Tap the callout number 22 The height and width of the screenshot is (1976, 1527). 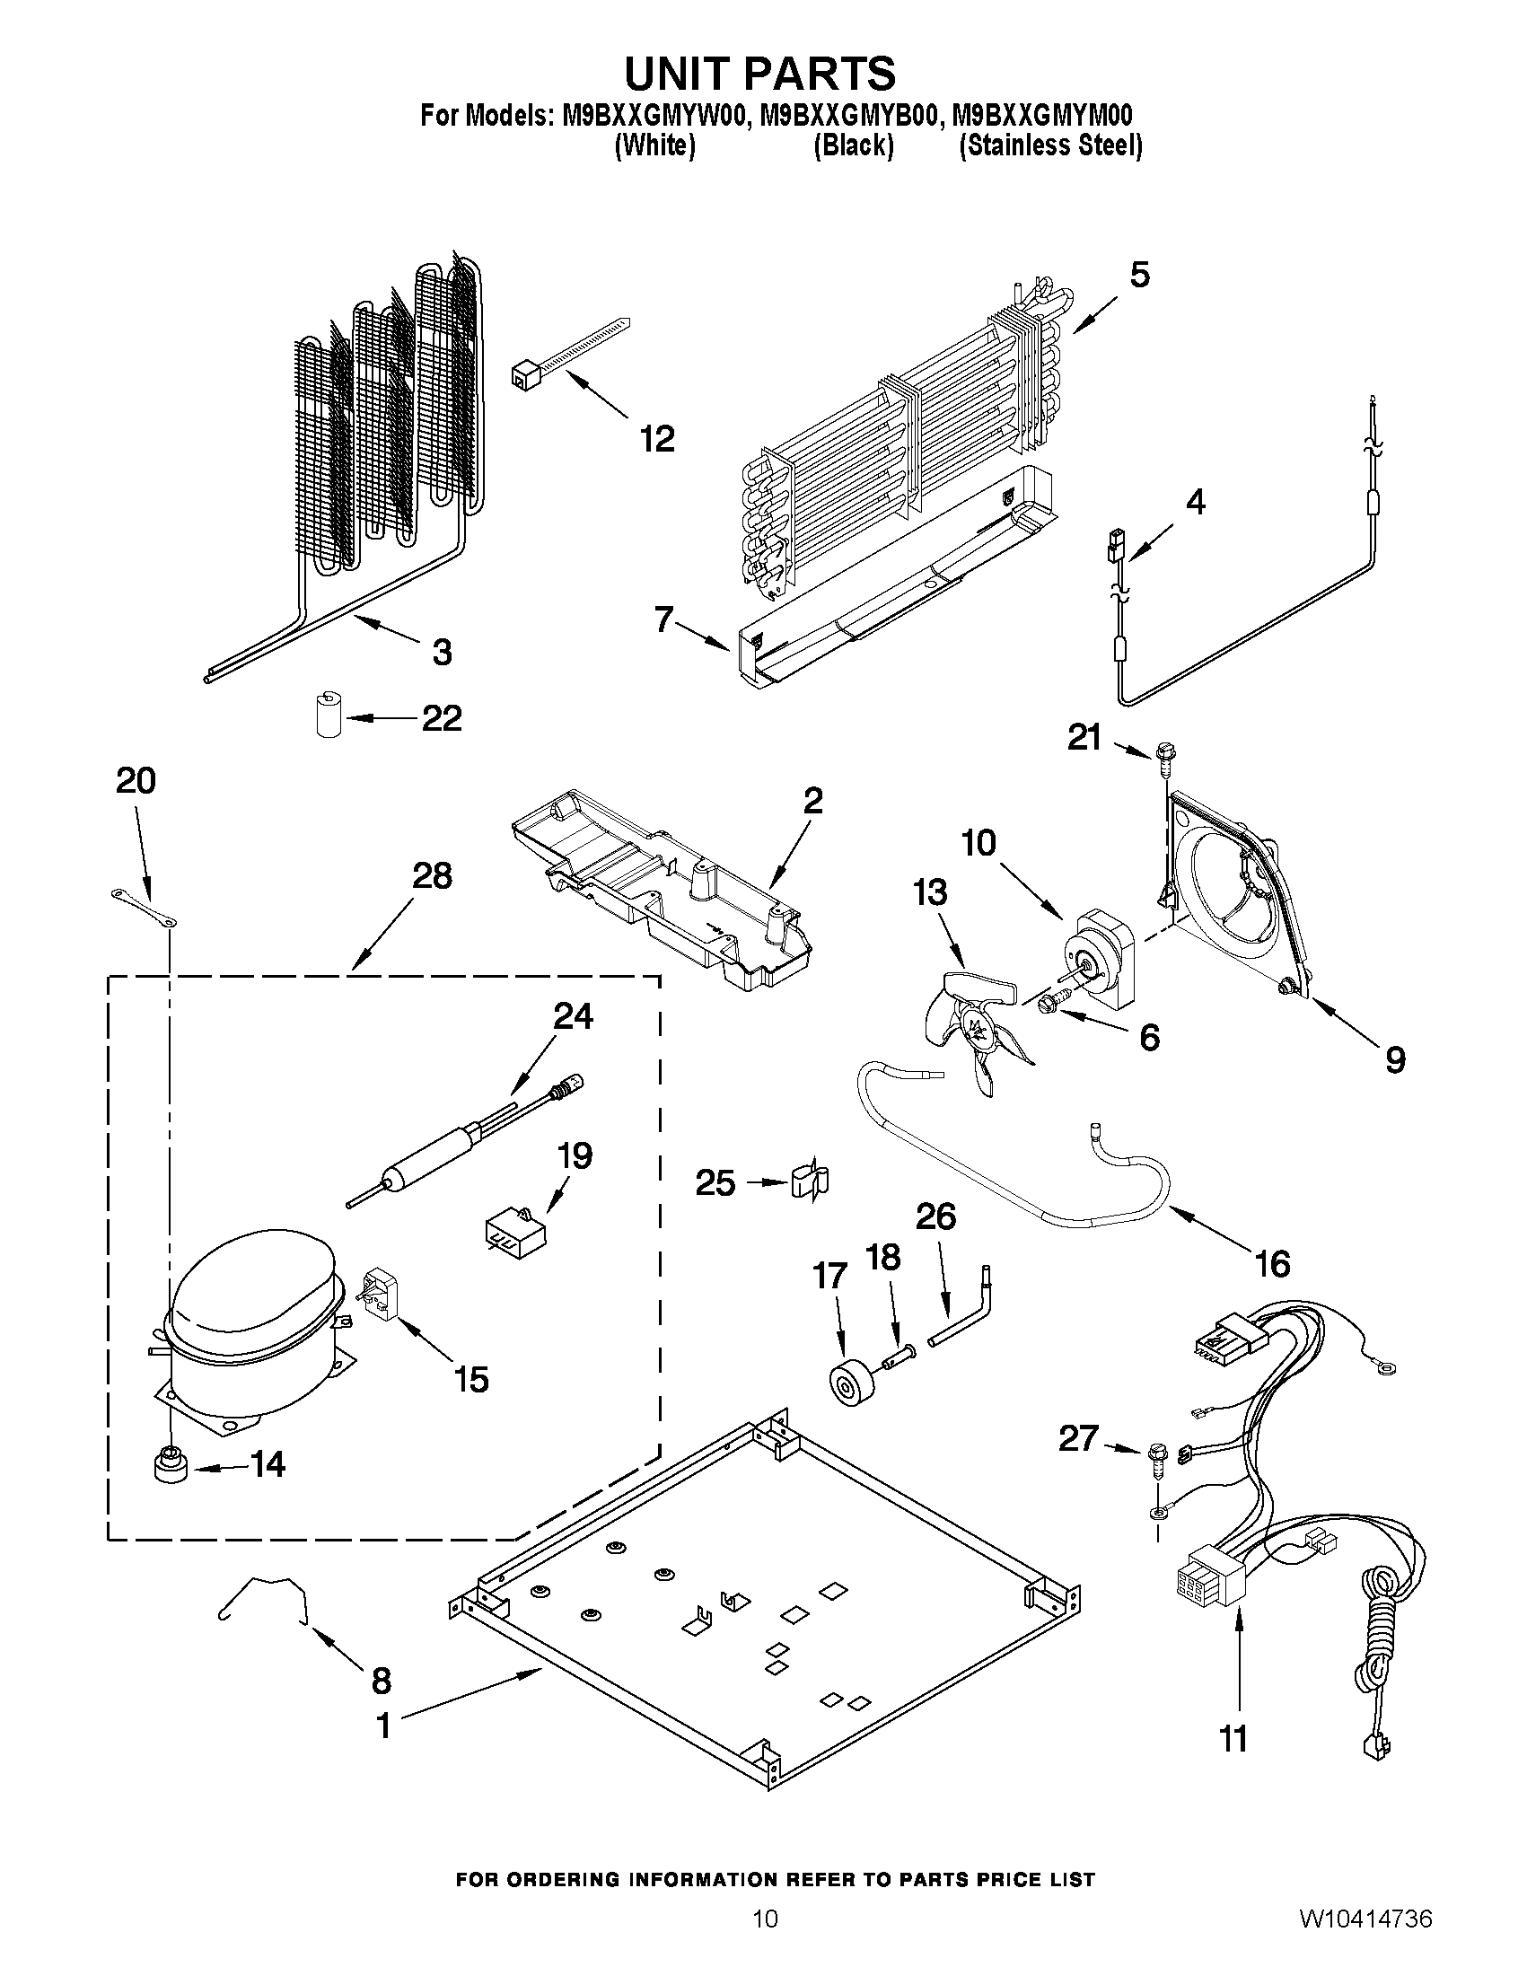tap(442, 718)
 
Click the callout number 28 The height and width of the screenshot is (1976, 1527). tap(432, 876)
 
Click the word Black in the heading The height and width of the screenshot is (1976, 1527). tap(853, 145)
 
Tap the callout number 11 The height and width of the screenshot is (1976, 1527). tap(1234, 1738)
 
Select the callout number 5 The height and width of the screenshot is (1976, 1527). tap(1139, 274)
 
